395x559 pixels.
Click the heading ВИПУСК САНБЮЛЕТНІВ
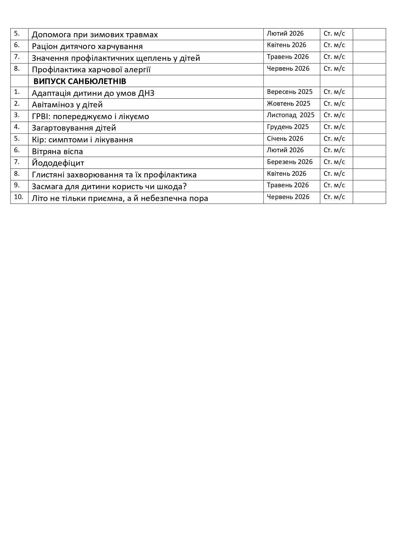pyautogui.click(x=80, y=81)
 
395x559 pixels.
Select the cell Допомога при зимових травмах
pyautogui.click(x=95, y=34)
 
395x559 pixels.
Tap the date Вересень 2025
pyautogui.click(x=290, y=92)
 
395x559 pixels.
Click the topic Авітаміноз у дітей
pyautogui.click(x=67, y=104)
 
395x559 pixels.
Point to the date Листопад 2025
pyautogui.click(x=291, y=115)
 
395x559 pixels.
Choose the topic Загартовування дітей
pyautogui.click(x=74, y=128)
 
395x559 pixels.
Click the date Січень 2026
pyautogui.click(x=285, y=139)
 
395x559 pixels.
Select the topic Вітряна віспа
pyautogui.click(x=57, y=151)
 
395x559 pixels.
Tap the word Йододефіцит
pyautogui.click(x=58, y=163)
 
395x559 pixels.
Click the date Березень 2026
pyautogui.click(x=290, y=162)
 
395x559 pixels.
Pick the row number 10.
pyautogui.click(x=18, y=197)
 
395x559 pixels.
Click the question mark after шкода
pyautogui.click(x=185, y=186)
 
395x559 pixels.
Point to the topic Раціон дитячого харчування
pyautogui.click(x=87, y=46)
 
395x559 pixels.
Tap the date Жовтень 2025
pyautogui.click(x=289, y=104)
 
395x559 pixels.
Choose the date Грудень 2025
pyautogui.click(x=288, y=127)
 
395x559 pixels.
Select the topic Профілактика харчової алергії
pyautogui.click(x=91, y=69)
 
